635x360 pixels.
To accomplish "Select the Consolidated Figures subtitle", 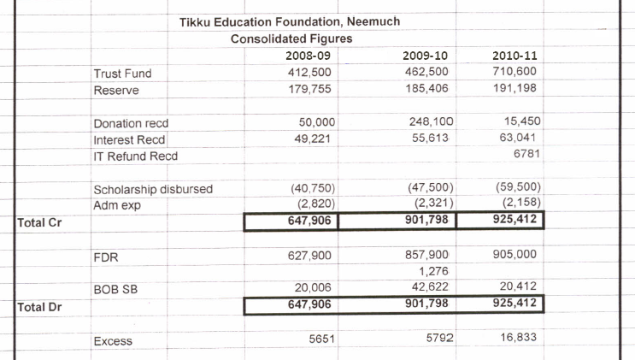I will tap(291, 38).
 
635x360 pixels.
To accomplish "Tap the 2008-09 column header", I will tap(308, 56).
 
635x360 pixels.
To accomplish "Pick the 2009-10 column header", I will tap(425, 56).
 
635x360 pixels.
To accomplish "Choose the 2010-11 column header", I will tap(514, 56).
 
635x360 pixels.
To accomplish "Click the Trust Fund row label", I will tap(122, 74).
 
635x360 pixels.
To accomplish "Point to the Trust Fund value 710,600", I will tap(514, 72).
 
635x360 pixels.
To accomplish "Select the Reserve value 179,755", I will tap(309, 89).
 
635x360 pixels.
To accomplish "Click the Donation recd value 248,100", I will tap(425, 122).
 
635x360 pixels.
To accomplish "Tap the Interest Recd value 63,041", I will tap(519, 139).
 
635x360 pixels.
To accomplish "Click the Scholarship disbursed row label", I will tap(153, 189).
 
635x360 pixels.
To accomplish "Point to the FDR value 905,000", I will tap(517, 254).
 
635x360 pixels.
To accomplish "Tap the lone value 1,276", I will tap(435, 272).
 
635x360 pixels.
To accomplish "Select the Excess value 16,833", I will tap(520, 339).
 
